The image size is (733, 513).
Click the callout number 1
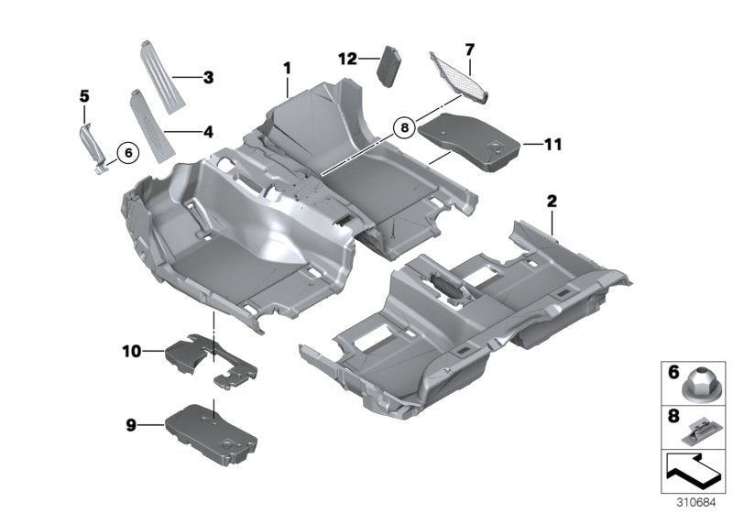[287, 68]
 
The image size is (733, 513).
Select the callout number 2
[552, 200]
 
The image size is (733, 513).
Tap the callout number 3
[209, 78]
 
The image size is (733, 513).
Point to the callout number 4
[209, 131]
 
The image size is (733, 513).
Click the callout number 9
[131, 423]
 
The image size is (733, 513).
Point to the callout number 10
[131, 350]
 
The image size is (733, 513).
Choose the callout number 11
[552, 144]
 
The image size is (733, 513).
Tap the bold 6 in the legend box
[672, 374]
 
